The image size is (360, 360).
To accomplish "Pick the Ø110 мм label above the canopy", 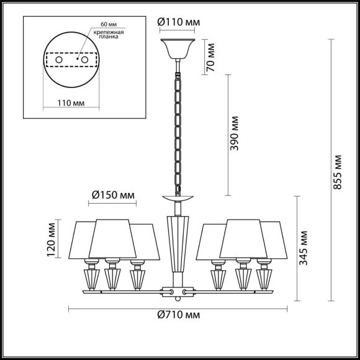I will point(179,23).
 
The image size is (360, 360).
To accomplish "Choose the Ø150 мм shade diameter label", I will point(113,196).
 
